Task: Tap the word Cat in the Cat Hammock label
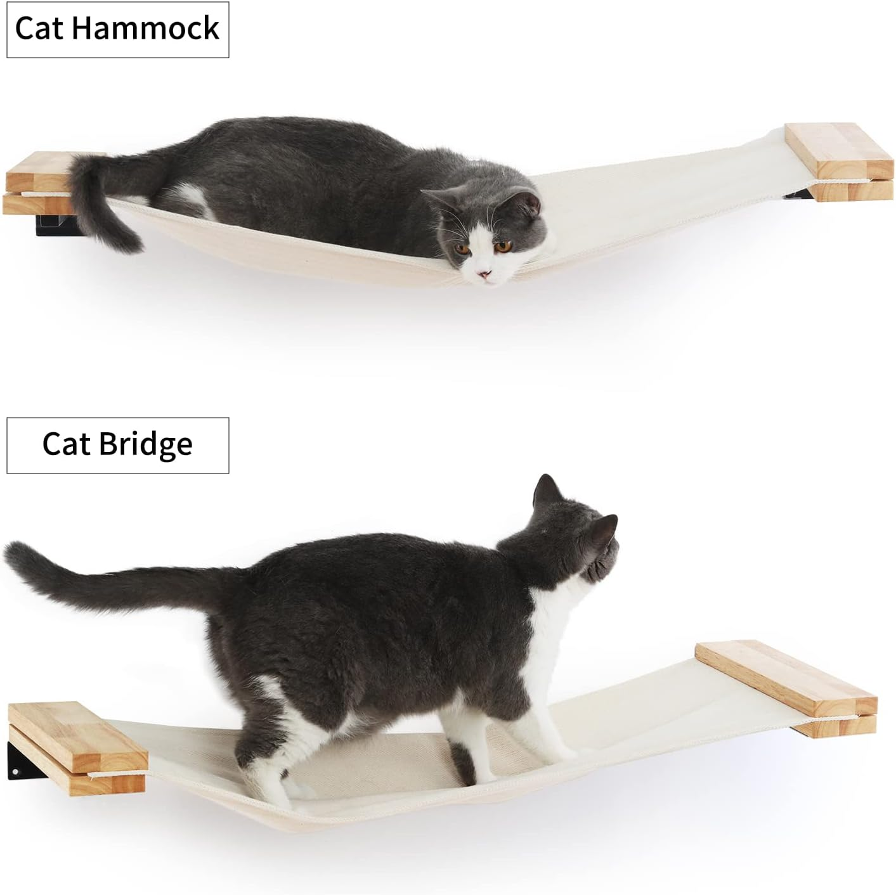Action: pyautogui.click(x=38, y=29)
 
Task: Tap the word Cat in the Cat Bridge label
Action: pyautogui.click(x=66, y=444)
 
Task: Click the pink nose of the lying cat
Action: pyautogui.click(x=484, y=274)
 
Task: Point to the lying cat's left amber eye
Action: pyautogui.click(x=465, y=249)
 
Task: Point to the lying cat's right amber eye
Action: pyautogui.click(x=504, y=246)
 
